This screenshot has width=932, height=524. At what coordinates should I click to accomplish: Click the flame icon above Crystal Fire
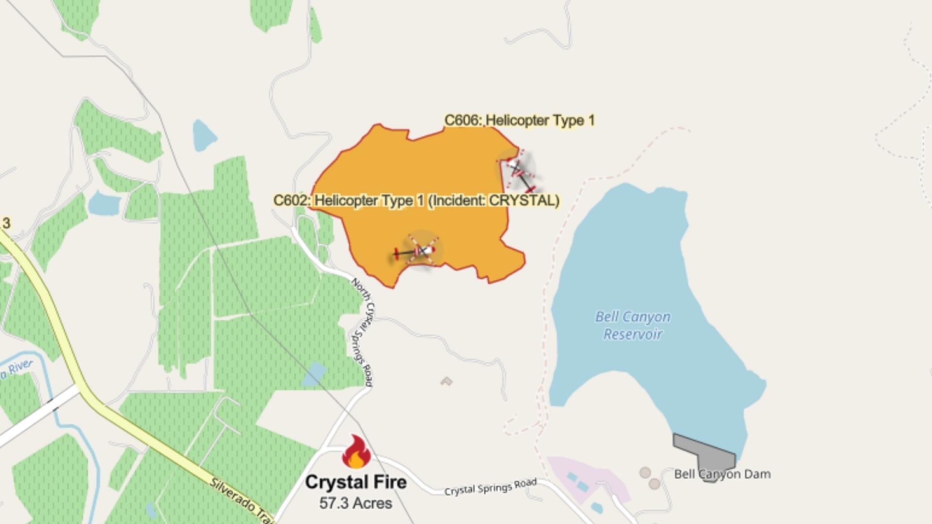coord(356,452)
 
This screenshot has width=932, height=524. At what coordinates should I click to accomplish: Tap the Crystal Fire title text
coord(356,482)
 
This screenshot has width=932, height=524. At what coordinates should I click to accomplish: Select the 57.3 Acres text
coord(356,503)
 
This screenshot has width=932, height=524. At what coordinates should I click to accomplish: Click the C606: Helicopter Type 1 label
coord(519,120)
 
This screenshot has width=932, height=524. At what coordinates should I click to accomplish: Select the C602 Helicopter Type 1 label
coord(416,200)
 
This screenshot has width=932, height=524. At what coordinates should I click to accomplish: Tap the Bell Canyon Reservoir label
coord(633,326)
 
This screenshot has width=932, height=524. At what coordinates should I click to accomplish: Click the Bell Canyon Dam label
coord(722,474)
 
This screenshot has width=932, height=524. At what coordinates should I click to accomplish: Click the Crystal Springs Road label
coord(490,487)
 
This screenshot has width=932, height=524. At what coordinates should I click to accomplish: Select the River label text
coord(17,369)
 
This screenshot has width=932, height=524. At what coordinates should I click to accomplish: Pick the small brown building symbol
coord(446,381)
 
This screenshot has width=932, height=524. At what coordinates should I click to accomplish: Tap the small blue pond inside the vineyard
coord(314,374)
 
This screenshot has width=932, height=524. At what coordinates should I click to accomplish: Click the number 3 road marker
coord(6,224)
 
